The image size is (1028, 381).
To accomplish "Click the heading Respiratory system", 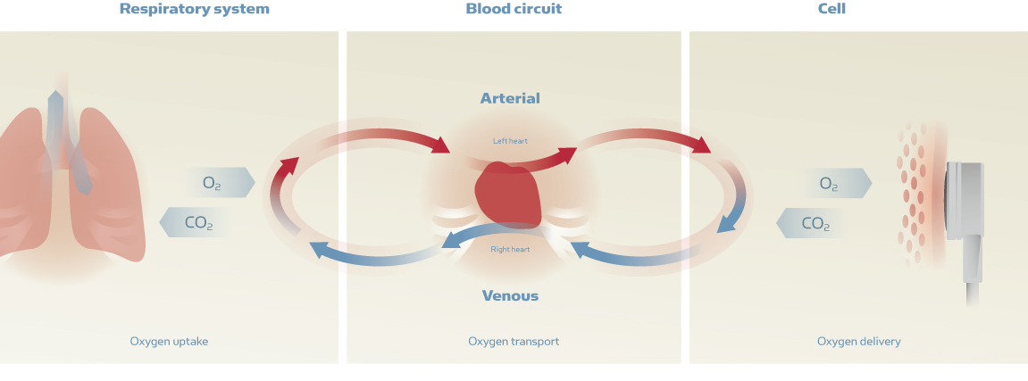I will click(x=194, y=9).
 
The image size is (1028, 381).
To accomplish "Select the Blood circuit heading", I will click(x=514, y=9).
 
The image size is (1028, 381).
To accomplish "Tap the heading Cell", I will click(x=832, y=9).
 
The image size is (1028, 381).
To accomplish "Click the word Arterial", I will click(x=510, y=98).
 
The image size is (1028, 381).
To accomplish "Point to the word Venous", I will click(x=510, y=295).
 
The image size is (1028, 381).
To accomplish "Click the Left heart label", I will click(x=511, y=141).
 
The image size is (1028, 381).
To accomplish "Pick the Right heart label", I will click(x=510, y=249).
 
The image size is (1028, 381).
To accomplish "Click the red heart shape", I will click(x=508, y=195).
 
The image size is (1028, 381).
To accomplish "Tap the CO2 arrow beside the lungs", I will click(x=194, y=222).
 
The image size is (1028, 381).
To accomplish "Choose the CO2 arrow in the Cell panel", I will click(x=811, y=223).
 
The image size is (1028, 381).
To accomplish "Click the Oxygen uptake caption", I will click(x=169, y=341).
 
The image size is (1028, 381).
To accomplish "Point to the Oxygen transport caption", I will click(x=514, y=341).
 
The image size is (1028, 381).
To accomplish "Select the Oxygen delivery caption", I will click(x=858, y=341).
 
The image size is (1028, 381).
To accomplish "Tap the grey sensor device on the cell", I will click(x=965, y=200).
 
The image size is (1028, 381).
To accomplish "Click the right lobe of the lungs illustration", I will click(x=112, y=187).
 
